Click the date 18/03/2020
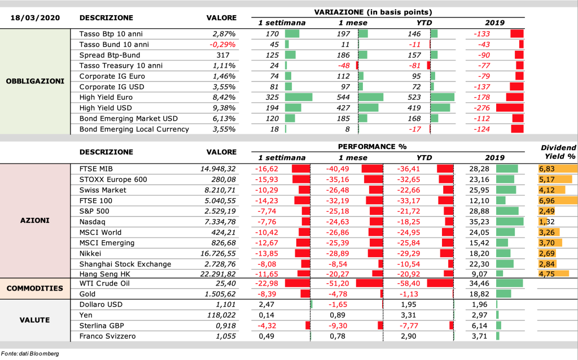pos(35,17)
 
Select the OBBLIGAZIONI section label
pos(35,81)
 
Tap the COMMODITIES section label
pos(35,288)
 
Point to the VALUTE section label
pos(34,320)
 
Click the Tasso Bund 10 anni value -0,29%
pos(222,45)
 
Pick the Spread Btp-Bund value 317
pos(223,55)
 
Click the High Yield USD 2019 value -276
pos(481,108)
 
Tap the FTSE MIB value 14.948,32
pos(218,169)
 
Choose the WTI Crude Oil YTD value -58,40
pos(409,283)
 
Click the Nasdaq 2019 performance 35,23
pos(479,222)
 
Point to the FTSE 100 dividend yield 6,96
pos(546,201)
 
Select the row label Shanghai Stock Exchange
pos(125,264)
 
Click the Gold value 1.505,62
pos(220,294)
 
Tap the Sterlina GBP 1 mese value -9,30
pos(336,326)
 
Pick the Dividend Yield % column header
pos(558,152)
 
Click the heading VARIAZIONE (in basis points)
pos(373,12)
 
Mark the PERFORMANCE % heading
pos(373,147)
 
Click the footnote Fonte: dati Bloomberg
pos(30,354)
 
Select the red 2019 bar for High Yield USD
pos(510,108)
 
